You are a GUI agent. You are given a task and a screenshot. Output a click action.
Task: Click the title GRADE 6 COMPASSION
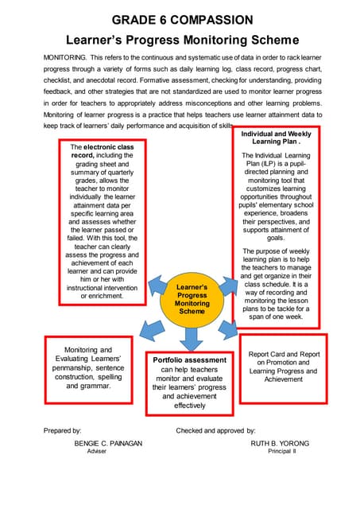pyautogui.click(x=183, y=19)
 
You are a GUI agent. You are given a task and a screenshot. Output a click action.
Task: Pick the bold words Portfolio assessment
pyautogui.click(x=189, y=359)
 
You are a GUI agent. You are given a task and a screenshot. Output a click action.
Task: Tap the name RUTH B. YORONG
pyautogui.click(x=280, y=443)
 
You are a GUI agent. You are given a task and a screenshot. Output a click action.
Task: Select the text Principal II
pyautogui.click(x=281, y=451)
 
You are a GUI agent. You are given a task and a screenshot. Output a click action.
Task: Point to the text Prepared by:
pyautogui.click(x=63, y=429)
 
